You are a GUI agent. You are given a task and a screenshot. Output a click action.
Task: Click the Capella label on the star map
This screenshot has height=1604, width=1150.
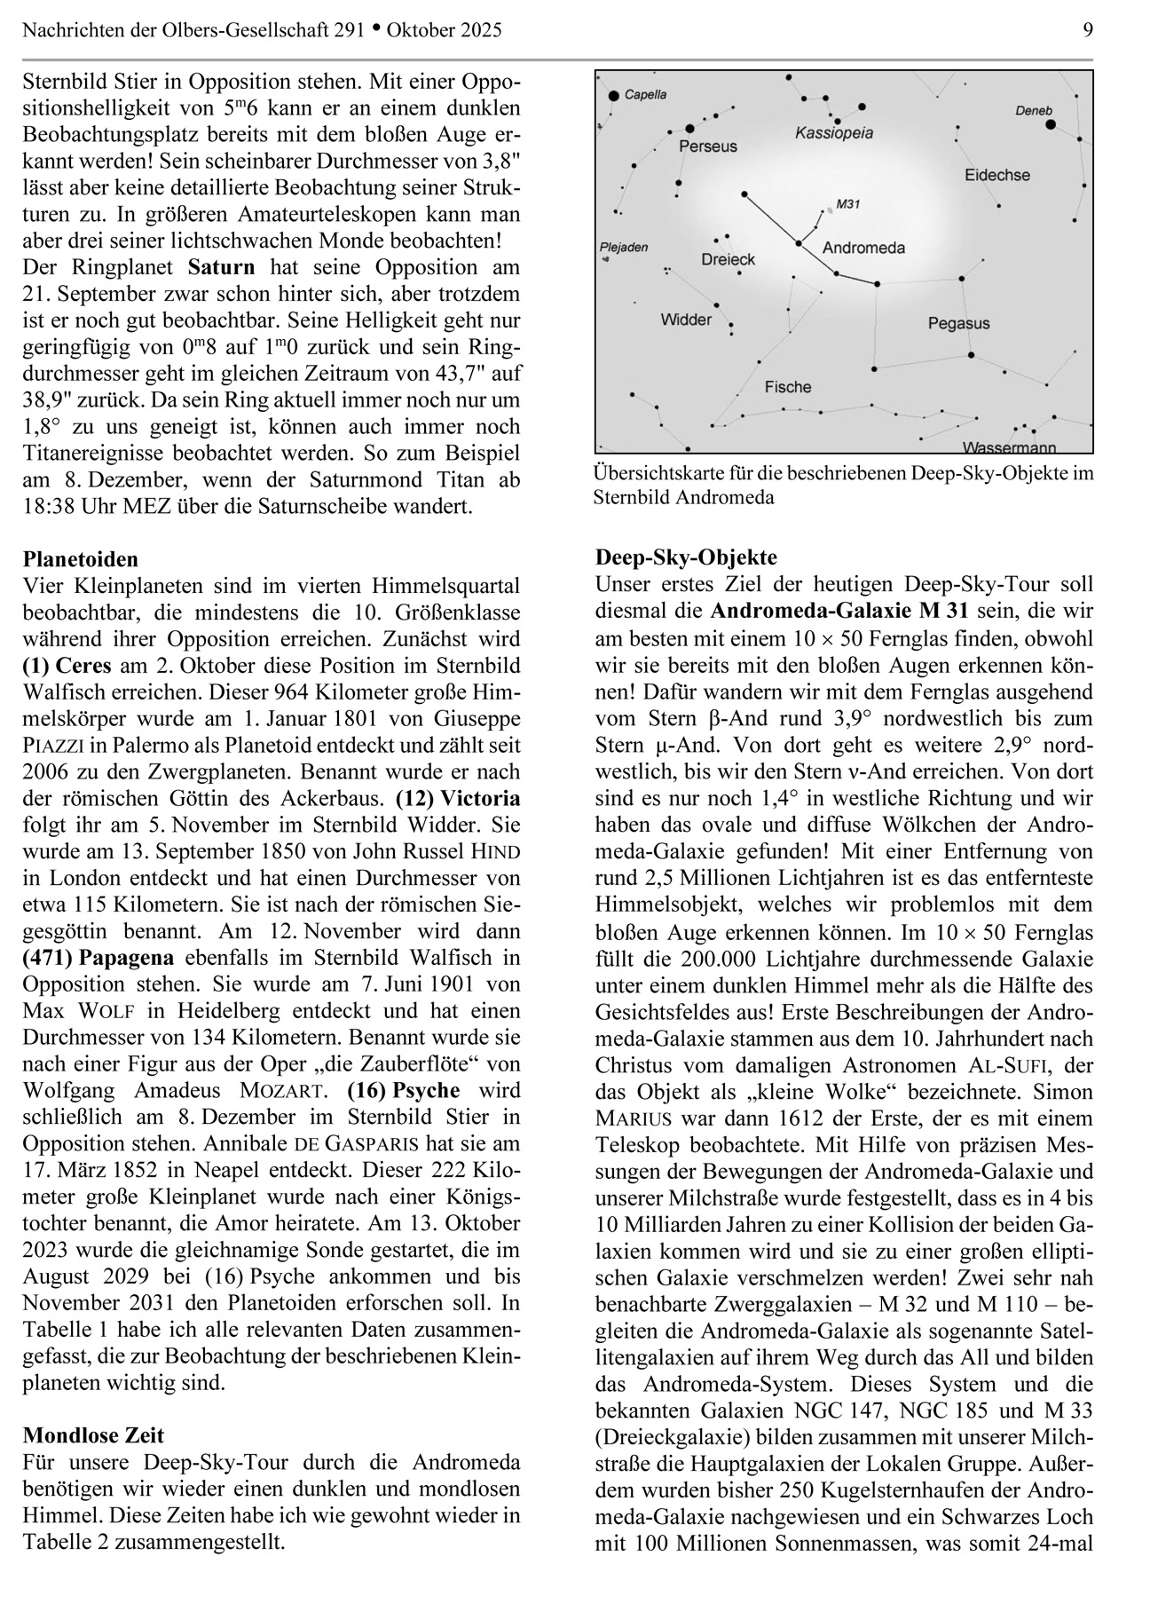pos(645,94)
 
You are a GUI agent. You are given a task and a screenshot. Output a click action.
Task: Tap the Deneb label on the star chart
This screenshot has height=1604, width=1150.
pos(1033,111)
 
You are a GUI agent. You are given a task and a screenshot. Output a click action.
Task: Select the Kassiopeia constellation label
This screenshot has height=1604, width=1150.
pos(833,133)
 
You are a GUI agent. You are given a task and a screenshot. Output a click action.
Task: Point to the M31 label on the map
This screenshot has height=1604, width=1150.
pos(848,204)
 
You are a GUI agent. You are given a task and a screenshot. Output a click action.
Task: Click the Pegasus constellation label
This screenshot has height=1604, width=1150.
pos(958,324)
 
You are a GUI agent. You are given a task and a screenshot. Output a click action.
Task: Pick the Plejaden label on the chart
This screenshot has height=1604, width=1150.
pos(624,248)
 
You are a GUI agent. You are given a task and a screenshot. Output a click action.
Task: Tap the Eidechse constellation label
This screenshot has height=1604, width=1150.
pos(997,175)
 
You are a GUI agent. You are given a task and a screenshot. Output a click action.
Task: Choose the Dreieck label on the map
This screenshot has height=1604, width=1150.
pos(728,259)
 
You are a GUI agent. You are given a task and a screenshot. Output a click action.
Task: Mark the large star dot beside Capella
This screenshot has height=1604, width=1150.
pos(613,94)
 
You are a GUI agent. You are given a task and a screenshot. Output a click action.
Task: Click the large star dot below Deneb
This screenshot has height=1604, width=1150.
pos(1052,125)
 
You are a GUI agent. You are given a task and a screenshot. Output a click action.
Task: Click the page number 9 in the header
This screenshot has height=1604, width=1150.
pos(1088,30)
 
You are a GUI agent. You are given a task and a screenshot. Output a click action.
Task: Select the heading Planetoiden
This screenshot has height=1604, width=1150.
pos(81,559)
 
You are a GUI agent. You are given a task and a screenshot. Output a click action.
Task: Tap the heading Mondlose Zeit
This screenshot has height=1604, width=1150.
pos(93,1435)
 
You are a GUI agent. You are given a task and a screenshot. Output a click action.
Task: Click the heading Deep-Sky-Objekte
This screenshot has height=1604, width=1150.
pos(686,557)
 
